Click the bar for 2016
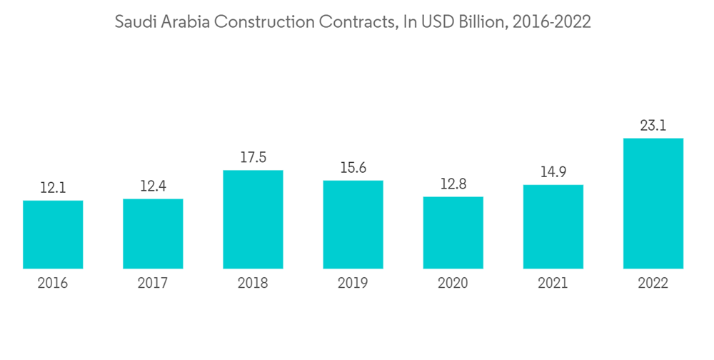tap(53, 234)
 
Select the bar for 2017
tap(153, 234)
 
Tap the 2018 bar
tap(253, 219)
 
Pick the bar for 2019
tap(353, 224)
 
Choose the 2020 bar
tap(453, 232)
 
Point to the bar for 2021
tap(553, 226)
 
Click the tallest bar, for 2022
tap(653, 204)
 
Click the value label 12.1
tap(53, 189)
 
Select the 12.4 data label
tap(153, 187)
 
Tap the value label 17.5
tap(253, 158)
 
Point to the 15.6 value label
tap(353, 169)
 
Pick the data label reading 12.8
tap(453, 184)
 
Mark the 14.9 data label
tap(553, 173)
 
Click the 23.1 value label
tap(653, 126)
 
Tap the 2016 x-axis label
tap(53, 284)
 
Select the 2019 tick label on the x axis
tap(353, 284)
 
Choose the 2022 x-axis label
tap(653, 284)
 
